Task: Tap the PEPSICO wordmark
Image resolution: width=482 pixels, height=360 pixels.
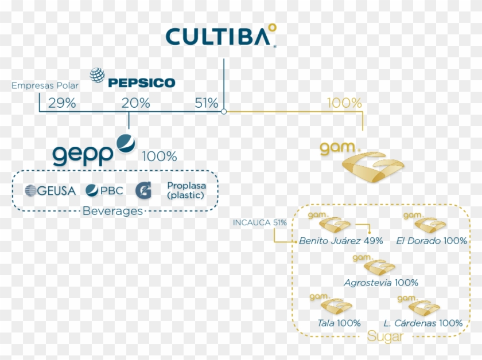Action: [x=141, y=83]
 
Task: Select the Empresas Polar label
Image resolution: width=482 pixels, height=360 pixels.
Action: [x=45, y=86]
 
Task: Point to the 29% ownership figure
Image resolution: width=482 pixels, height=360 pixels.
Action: [x=62, y=103]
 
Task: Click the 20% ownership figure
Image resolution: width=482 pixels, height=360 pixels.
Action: [x=136, y=103]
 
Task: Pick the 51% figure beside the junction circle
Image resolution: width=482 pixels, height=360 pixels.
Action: [x=207, y=103]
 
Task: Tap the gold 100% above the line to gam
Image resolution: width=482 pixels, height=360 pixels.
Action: [x=344, y=103]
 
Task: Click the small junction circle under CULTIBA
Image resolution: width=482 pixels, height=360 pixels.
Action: [x=224, y=112]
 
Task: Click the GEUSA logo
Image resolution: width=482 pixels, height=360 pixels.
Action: [x=50, y=190]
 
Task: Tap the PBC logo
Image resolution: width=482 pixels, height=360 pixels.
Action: [x=104, y=190]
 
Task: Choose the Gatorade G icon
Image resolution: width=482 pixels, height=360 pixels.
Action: [x=143, y=190]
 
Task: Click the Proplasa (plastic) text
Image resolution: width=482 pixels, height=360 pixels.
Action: [x=185, y=190]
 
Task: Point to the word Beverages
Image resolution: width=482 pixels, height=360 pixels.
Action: [x=112, y=211]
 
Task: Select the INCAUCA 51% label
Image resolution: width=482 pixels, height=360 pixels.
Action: [x=259, y=222]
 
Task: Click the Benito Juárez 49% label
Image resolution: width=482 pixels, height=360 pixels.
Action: [x=341, y=241]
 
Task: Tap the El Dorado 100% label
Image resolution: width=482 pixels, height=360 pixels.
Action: [x=432, y=241]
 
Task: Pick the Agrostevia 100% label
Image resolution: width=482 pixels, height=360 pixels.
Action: [x=380, y=283]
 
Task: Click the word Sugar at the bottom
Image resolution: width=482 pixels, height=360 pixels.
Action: [x=385, y=337]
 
